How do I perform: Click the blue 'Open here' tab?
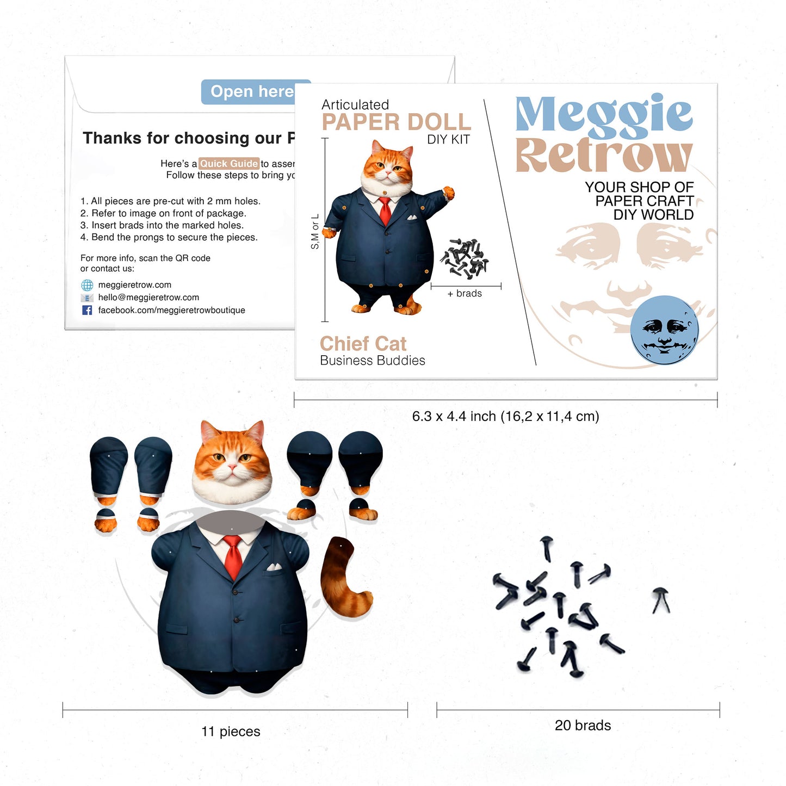pos(252,92)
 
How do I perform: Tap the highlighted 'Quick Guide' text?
pos(228,164)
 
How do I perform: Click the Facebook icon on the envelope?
pos(87,310)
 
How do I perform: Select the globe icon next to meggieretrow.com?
pos(87,285)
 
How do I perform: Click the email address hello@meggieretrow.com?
pos(148,298)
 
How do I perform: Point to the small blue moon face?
pos(664,330)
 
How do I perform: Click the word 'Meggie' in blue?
pos(604,115)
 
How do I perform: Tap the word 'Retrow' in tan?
pos(604,156)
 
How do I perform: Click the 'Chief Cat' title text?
pos(363,344)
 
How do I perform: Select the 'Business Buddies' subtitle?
pos(373,361)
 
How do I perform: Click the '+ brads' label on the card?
pos(465,294)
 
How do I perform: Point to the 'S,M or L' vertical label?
pos(315,232)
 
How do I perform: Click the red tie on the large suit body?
pos(233,556)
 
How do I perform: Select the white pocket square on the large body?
pos(274,567)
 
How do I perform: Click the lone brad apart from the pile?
pos(661,600)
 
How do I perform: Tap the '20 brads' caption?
pos(583,726)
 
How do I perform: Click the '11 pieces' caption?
pos(231,732)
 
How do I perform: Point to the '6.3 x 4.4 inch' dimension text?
pos(505,417)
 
